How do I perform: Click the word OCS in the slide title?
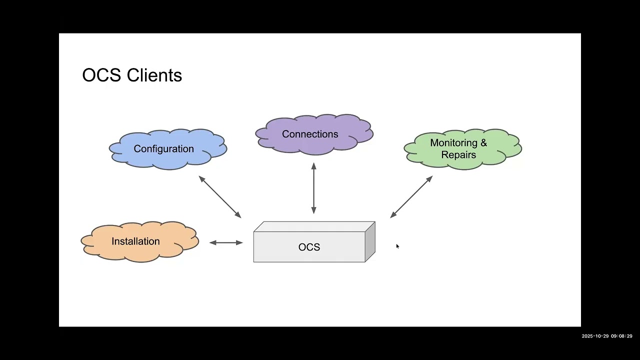click(101, 75)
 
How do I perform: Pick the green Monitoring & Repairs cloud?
click(462, 149)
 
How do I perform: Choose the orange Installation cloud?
click(139, 241)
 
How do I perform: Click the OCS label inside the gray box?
click(309, 247)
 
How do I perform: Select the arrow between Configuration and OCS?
click(220, 197)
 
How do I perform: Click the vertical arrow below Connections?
click(313, 188)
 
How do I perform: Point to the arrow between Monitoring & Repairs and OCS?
click(411, 197)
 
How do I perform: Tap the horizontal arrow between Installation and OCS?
click(226, 242)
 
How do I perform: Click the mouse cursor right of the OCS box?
click(397, 246)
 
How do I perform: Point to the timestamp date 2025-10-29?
click(594, 336)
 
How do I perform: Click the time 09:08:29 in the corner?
click(621, 336)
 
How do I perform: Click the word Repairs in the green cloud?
click(458, 155)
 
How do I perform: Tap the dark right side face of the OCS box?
click(370, 242)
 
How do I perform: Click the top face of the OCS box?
click(314, 226)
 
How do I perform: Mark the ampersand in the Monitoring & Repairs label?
click(483, 143)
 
